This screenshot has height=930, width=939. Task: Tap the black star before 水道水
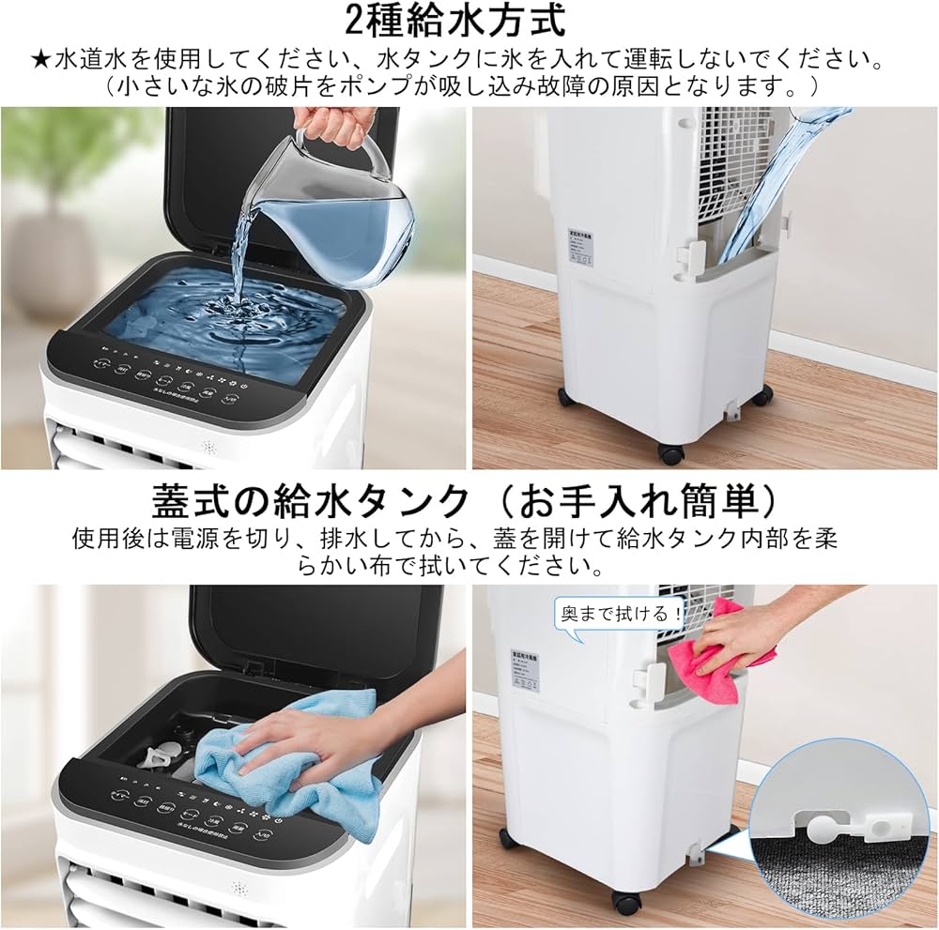[39, 61]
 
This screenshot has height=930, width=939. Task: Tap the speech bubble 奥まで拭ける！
[619, 615]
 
